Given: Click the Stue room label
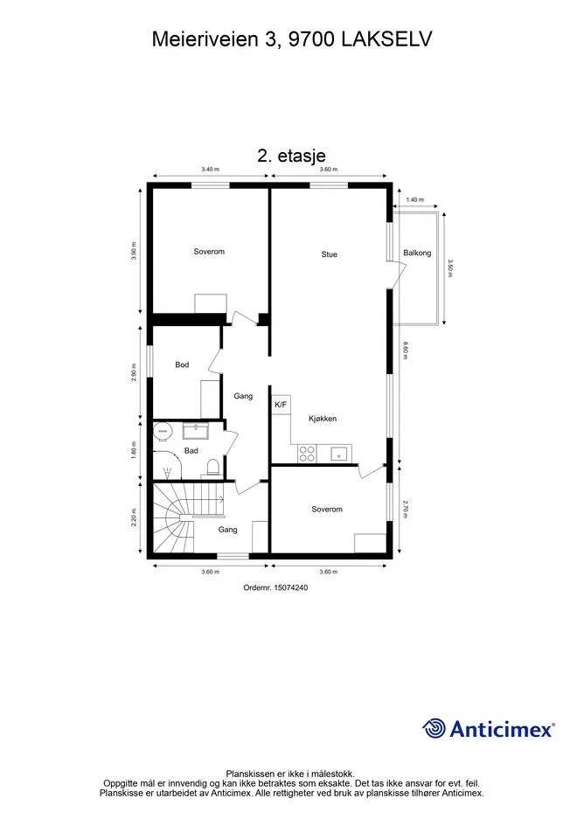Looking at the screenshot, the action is click(329, 254).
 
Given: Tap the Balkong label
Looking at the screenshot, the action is click(417, 253).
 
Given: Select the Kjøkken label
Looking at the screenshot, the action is click(322, 419).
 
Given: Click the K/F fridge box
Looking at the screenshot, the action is click(281, 405).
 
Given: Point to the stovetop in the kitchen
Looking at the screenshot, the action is click(307, 454).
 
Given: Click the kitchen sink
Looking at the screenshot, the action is click(340, 454).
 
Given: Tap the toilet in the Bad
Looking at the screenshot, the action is click(213, 468).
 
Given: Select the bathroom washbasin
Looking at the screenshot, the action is click(196, 431).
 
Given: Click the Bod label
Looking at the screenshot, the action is click(182, 364).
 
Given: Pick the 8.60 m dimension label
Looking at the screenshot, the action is click(406, 351).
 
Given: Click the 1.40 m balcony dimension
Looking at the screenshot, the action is click(415, 199).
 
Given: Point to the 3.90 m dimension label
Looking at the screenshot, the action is click(134, 251).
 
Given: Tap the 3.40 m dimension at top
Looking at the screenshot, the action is click(211, 170).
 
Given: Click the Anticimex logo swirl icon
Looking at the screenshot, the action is click(434, 729).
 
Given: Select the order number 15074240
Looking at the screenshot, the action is click(290, 587).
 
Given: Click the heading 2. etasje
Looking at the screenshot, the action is click(291, 156).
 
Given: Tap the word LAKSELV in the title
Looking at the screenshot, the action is click(387, 39).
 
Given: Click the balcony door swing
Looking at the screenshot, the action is click(398, 274).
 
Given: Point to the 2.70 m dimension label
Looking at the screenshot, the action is click(406, 510).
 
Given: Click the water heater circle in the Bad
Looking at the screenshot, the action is click(163, 432).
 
